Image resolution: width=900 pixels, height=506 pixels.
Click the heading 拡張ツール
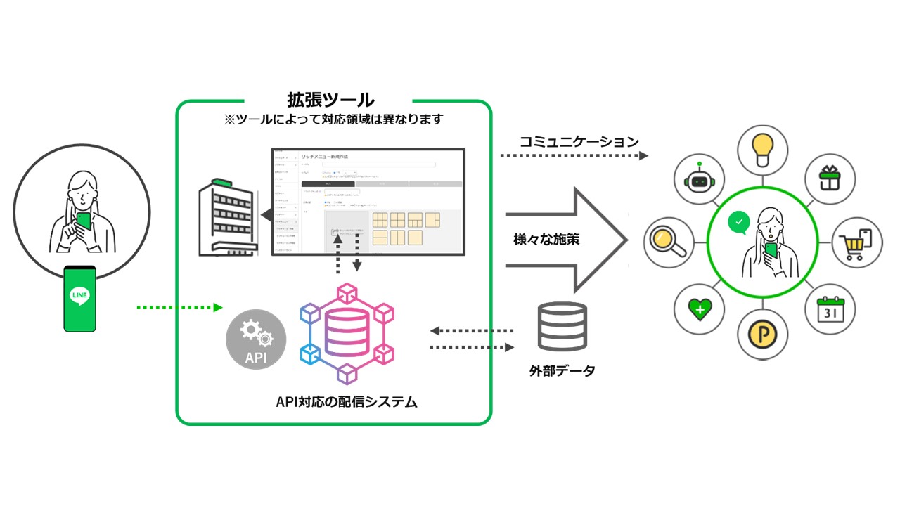point(330,99)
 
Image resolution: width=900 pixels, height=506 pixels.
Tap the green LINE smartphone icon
point(79,298)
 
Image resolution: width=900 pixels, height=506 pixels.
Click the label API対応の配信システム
point(347,402)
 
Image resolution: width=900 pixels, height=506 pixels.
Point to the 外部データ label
point(562,370)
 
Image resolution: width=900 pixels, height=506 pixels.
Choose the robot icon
point(698,179)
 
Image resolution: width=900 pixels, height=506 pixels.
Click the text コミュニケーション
point(579,141)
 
